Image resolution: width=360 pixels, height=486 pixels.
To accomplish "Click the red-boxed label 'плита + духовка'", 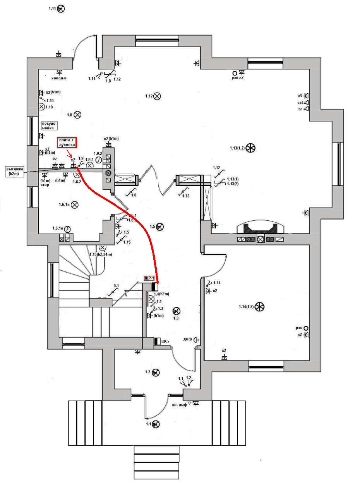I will tap(67, 142).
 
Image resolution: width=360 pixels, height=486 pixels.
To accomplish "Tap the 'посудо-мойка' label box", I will tap(50, 125).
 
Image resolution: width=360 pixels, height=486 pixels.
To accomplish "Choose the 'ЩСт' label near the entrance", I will tap(166, 341).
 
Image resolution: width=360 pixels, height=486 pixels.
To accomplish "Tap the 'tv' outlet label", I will tap(300, 109).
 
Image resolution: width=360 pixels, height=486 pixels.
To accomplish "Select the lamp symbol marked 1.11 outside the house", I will tap(61, 9).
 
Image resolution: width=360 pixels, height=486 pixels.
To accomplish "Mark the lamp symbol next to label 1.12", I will tap(157, 96).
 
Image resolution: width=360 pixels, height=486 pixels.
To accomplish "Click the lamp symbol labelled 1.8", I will tap(77, 115).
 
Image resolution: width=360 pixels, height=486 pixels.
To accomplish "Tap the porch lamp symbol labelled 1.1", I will tap(156, 424).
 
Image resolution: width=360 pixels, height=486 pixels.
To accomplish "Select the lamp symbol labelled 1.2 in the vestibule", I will tap(156, 372).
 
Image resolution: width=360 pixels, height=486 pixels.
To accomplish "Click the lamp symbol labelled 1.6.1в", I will tap(75, 204).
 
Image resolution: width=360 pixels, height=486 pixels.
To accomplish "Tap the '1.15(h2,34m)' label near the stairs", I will tap(100, 254).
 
